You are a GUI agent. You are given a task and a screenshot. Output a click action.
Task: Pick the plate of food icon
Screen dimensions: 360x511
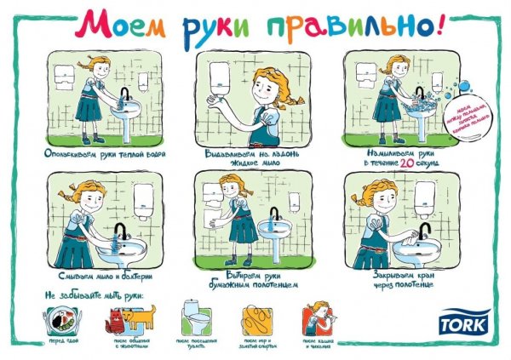point(57,319)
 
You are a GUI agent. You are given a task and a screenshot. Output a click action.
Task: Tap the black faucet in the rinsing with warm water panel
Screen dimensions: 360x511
point(124,93)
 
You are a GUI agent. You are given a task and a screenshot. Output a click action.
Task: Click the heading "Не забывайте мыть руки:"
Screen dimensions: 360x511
point(95,295)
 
